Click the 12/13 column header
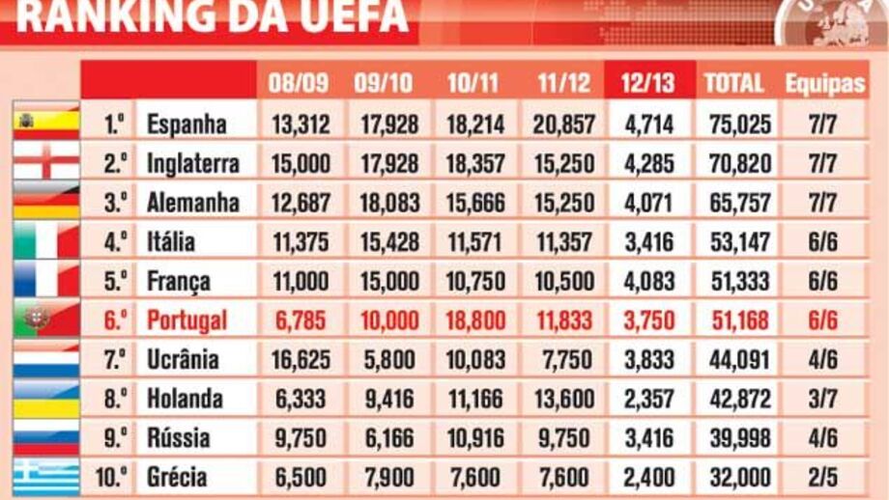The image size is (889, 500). pyautogui.click(x=647, y=83)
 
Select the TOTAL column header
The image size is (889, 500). pyautogui.click(x=733, y=83)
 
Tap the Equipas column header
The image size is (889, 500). pyautogui.click(x=824, y=83)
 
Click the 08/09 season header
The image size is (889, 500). pyautogui.click(x=299, y=83)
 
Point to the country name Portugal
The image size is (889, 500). pyautogui.click(x=186, y=320)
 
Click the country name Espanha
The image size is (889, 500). pyautogui.click(x=186, y=125)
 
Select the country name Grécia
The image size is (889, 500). pyautogui.click(x=177, y=477)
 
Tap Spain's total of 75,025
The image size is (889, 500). pyautogui.click(x=739, y=125)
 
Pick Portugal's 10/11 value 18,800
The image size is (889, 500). pyautogui.click(x=475, y=320)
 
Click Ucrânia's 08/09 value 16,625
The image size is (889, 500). pyautogui.click(x=301, y=360)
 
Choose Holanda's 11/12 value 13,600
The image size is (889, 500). pyautogui.click(x=563, y=399)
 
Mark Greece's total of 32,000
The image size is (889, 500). pyautogui.click(x=739, y=477)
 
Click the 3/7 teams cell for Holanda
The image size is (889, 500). pyautogui.click(x=824, y=399)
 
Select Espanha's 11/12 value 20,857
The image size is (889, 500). pyautogui.click(x=563, y=125)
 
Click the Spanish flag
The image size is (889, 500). pyautogui.click(x=45, y=122)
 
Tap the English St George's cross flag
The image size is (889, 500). pyautogui.click(x=45, y=161)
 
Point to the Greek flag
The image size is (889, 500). pyautogui.click(x=45, y=477)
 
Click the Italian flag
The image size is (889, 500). pyautogui.click(x=45, y=240)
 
